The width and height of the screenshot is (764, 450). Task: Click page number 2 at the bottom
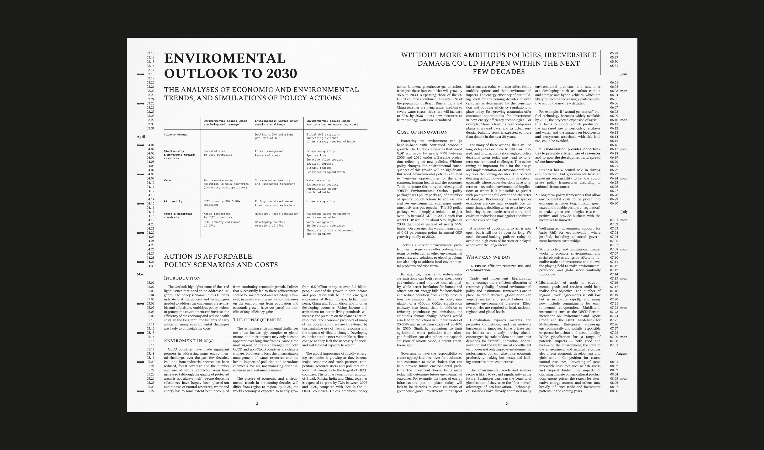257,403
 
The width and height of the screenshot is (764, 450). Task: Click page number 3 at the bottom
507,403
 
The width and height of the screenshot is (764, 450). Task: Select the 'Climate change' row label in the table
175,135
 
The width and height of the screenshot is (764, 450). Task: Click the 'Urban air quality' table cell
320,201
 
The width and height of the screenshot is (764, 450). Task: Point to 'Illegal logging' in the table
319,168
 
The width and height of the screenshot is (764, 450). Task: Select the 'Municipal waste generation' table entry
276,214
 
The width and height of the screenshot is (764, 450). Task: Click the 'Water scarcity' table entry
318,180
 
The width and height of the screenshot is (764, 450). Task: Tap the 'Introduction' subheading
182,278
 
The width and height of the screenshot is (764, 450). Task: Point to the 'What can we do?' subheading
488,257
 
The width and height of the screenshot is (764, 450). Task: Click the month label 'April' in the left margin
141,137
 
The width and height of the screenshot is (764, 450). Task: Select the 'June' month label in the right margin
624,74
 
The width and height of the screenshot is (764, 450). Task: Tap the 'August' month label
622,354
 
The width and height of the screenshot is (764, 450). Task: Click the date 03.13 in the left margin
150,53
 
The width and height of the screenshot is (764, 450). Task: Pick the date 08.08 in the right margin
614,391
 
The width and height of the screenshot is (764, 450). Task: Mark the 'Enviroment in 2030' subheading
188,341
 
